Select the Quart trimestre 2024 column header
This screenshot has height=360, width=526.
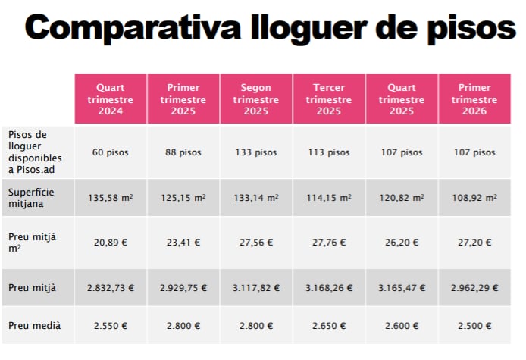tap(110, 99)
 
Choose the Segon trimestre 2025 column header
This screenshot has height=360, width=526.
tap(255, 99)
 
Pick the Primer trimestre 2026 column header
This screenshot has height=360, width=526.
tap(474, 99)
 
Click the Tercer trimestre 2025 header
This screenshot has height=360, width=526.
tap(329, 99)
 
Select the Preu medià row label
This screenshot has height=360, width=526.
tap(34, 326)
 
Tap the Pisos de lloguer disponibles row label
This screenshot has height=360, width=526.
tap(36, 152)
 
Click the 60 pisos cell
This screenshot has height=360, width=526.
tap(110, 152)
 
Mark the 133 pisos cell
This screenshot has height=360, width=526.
tap(255, 152)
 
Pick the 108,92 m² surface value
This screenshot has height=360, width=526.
tap(474, 198)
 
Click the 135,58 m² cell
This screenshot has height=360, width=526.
tap(110, 198)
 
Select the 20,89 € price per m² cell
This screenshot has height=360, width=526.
tap(110, 243)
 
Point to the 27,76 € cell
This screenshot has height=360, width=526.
tap(329, 243)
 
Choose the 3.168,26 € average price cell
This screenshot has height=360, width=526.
tap(329, 289)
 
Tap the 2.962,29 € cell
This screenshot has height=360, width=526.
tap(474, 289)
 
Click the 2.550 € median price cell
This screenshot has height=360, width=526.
tap(110, 326)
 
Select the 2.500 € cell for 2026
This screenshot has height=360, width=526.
tap(474, 326)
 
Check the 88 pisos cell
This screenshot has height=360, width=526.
tap(183, 152)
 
